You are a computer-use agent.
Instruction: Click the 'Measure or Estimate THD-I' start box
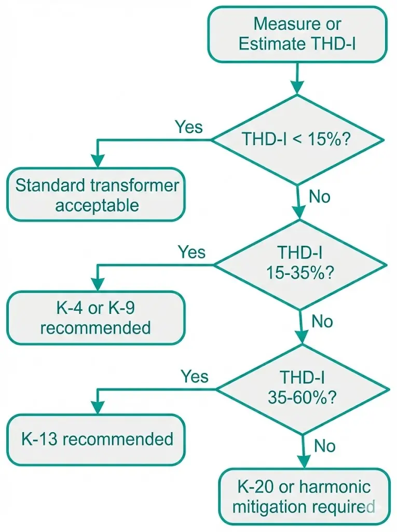pos(297,34)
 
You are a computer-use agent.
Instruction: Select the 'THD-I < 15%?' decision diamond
pos(298,139)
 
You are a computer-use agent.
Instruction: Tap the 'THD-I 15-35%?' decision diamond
pos(300,264)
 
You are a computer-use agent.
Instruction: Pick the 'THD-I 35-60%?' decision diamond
pos(302,388)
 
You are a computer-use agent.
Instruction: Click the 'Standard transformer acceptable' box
pos(97,195)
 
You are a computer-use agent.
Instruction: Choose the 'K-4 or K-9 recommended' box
pos(97,318)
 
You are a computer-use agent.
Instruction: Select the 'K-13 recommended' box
pos(97,439)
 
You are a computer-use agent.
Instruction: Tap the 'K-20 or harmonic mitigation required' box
pos(304,497)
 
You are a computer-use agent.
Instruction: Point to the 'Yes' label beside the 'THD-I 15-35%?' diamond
pos(191,252)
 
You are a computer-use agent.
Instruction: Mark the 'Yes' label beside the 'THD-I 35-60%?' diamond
pos(194,376)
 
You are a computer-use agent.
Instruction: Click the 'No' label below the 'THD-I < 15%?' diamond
pos(320,197)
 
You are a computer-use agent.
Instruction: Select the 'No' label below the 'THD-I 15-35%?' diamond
pos(322,322)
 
